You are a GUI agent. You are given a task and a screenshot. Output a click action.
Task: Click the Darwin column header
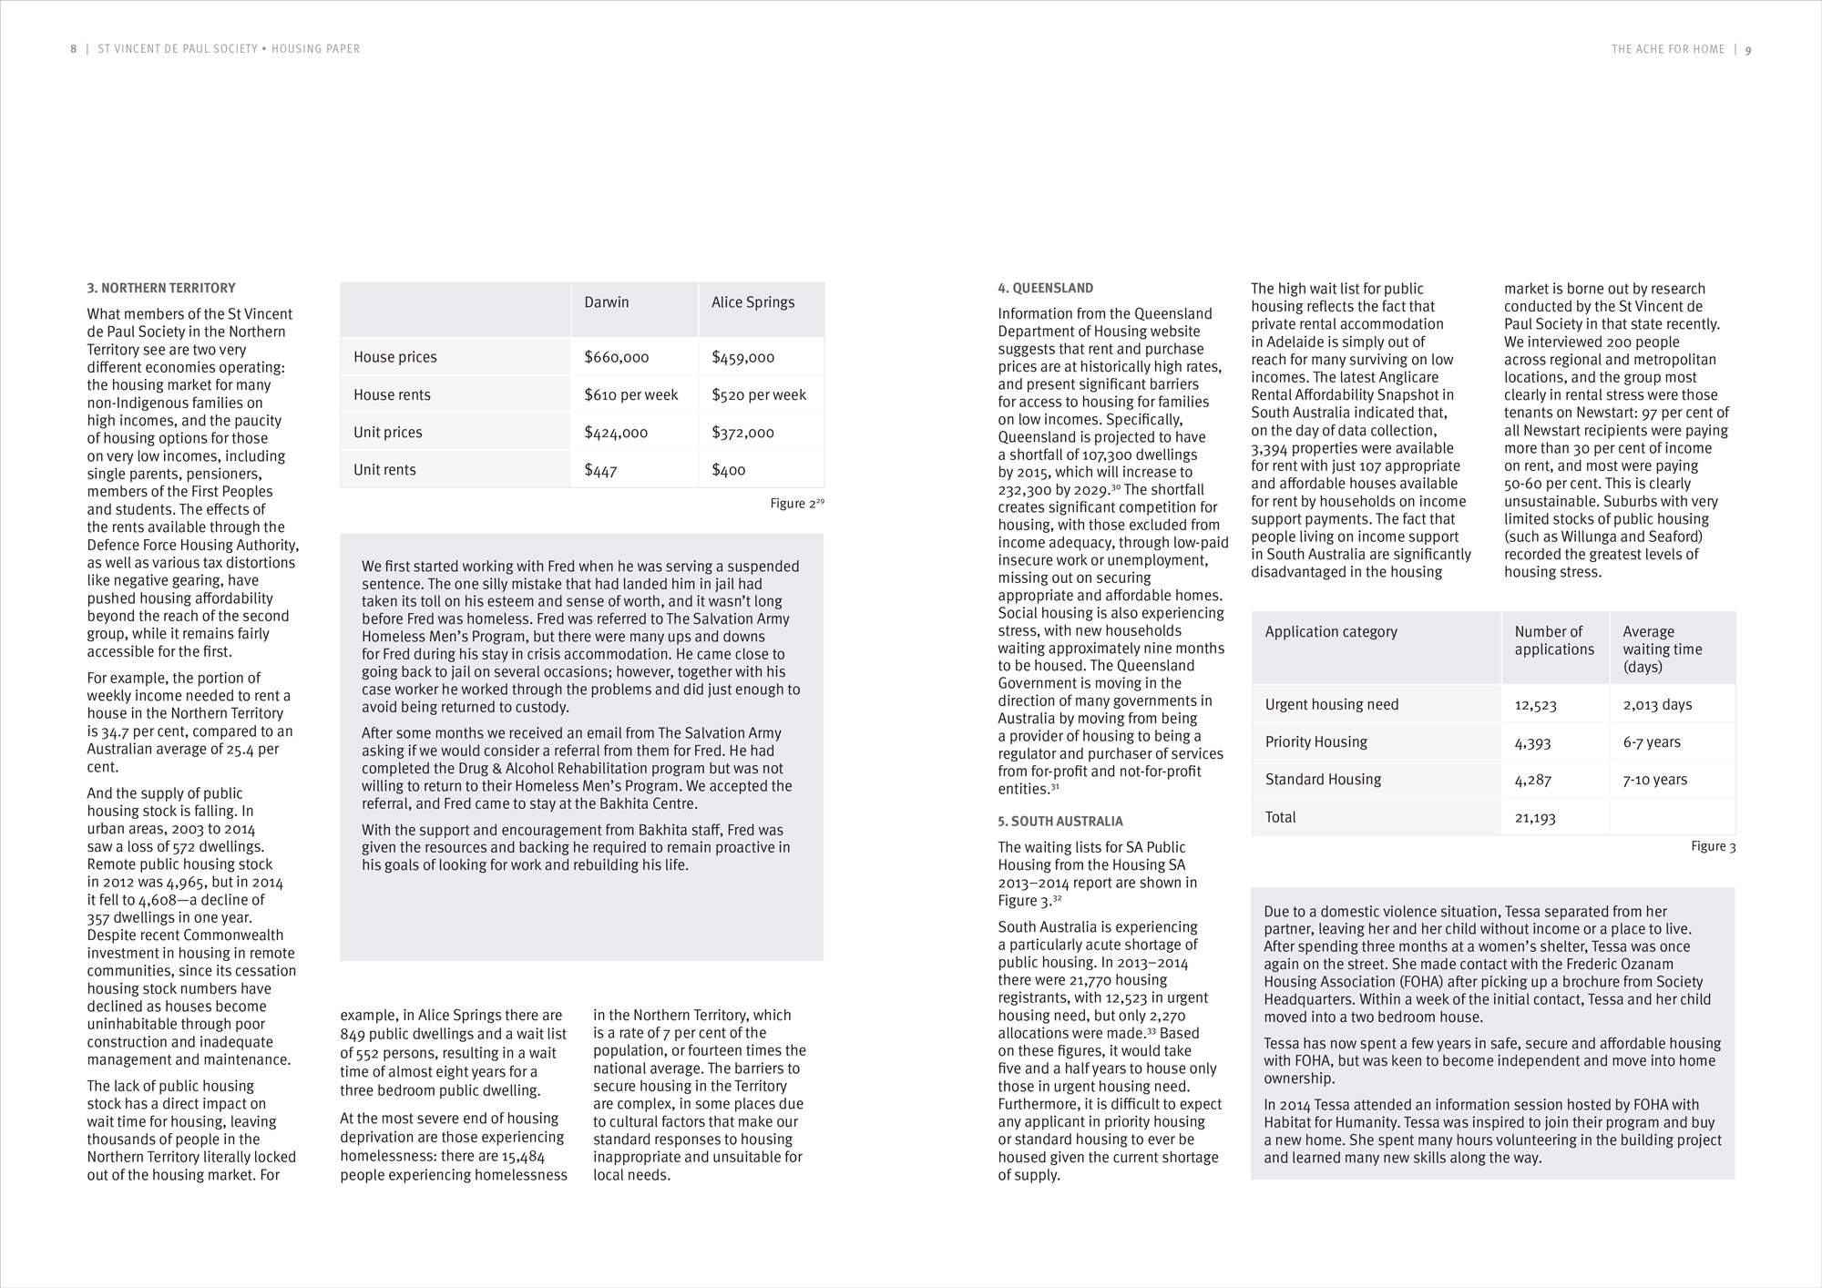(x=606, y=302)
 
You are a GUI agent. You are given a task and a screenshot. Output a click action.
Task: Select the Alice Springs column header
(x=752, y=302)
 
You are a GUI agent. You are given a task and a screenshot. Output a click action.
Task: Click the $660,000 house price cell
(x=616, y=358)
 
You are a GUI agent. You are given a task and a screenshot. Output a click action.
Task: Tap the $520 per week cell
(x=758, y=395)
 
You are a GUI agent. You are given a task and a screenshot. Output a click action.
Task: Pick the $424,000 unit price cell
(x=616, y=433)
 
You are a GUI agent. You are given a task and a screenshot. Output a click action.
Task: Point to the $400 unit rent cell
(x=728, y=470)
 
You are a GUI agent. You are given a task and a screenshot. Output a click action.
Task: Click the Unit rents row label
(x=384, y=470)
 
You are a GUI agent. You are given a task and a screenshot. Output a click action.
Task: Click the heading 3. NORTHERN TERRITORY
(x=161, y=288)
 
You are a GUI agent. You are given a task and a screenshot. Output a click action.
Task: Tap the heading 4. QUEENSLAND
(x=1045, y=288)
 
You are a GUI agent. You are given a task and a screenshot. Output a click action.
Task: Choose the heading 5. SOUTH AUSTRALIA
(x=1059, y=821)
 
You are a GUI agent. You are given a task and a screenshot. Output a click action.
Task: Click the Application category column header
(x=1330, y=632)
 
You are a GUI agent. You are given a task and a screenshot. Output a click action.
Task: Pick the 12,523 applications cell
(x=1535, y=705)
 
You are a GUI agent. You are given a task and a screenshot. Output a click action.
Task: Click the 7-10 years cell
(x=1654, y=780)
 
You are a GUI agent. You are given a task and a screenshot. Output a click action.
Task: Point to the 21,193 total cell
(x=1535, y=818)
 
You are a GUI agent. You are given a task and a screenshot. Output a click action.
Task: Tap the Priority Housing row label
(x=1315, y=742)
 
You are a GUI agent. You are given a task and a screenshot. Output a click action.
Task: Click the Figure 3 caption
(x=1713, y=846)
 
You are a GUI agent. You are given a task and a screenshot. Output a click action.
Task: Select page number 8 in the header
(x=74, y=49)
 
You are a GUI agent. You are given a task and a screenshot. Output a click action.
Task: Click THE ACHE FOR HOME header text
(x=1667, y=50)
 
